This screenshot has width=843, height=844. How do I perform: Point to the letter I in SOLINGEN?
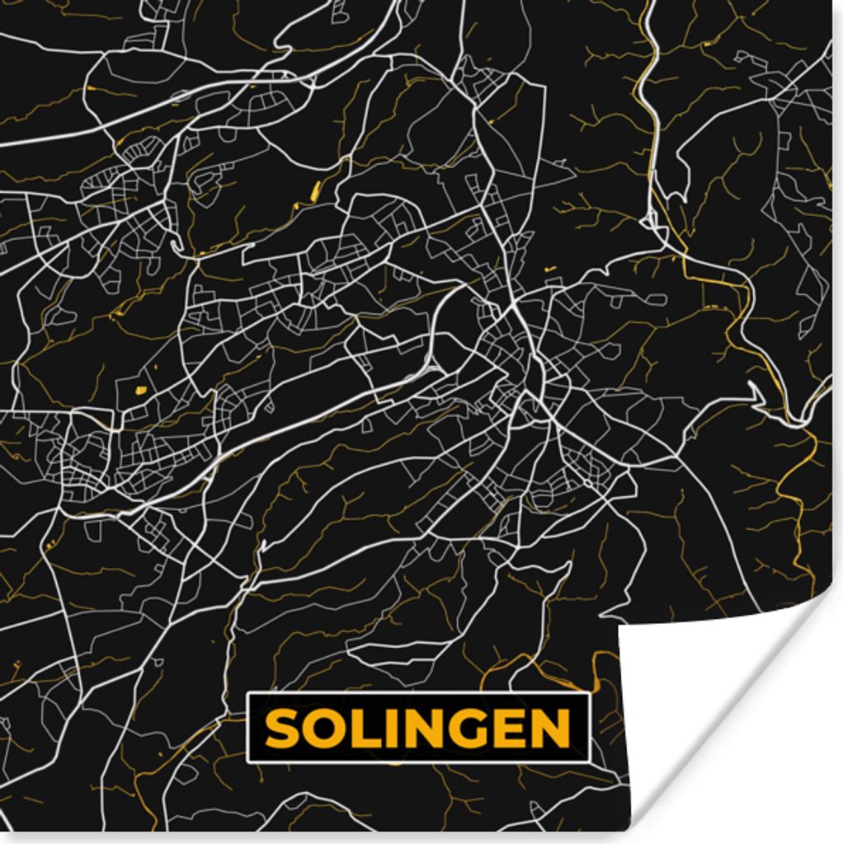click(x=382, y=729)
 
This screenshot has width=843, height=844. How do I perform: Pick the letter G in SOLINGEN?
click(x=463, y=729)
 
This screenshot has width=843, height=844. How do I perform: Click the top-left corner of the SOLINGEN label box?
click(x=247, y=693)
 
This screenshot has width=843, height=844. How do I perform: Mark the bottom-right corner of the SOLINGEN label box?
click(x=591, y=762)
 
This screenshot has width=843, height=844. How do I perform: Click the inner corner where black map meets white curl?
click(x=620, y=626)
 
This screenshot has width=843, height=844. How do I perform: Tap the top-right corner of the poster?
click(x=831, y=2)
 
